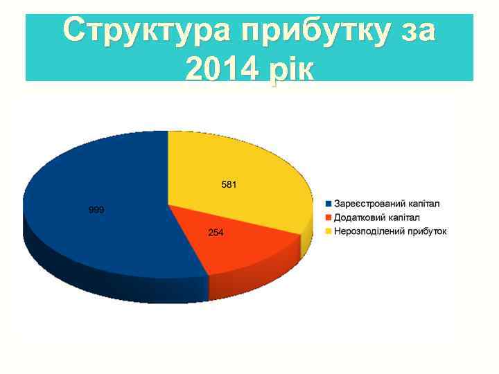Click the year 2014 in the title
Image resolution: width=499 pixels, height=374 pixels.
pos(220,69)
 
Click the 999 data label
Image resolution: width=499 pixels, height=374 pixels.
pos(96,209)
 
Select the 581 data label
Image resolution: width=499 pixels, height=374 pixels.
pos(229,185)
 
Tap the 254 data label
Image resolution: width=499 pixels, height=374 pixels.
pos(216,233)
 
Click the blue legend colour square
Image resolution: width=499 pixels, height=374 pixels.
pos(329,204)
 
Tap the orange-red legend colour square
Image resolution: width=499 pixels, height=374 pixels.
pos(329,217)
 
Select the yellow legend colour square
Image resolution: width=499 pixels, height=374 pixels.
pos(329,231)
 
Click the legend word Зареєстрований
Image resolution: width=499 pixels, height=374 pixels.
pos(368,204)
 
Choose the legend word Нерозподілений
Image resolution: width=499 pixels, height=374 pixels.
pos(368,231)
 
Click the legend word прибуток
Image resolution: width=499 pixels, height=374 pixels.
pos(426,231)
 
